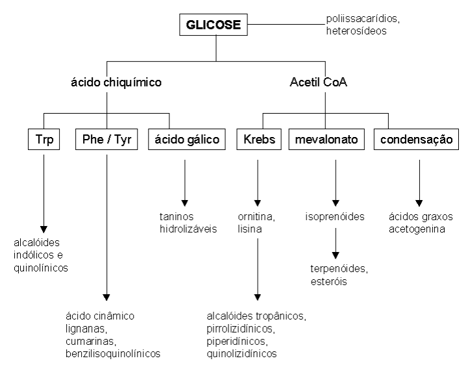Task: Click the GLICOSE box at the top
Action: (214, 26)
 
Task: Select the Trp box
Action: (43, 140)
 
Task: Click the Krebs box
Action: (258, 140)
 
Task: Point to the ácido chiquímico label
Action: (116, 82)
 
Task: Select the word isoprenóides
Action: (335, 216)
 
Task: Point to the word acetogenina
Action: (417, 228)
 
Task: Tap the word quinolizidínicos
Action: (241, 353)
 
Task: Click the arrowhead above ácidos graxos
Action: (419, 203)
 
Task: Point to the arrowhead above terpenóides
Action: (336, 253)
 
